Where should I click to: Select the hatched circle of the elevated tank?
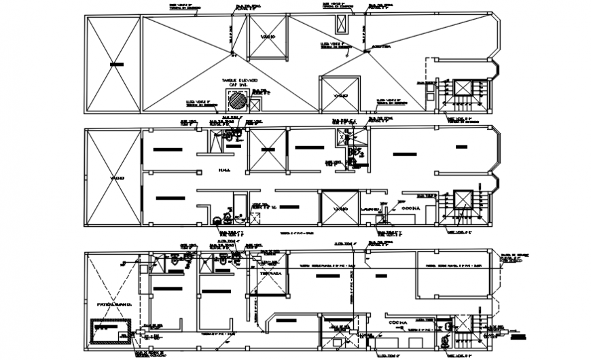[x=236, y=101]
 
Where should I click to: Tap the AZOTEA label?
[x=381, y=48]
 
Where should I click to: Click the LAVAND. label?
[x=370, y=208]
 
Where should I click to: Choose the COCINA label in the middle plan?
[x=412, y=208]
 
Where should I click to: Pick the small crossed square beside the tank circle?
[x=255, y=105]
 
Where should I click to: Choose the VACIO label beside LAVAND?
[x=340, y=208]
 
